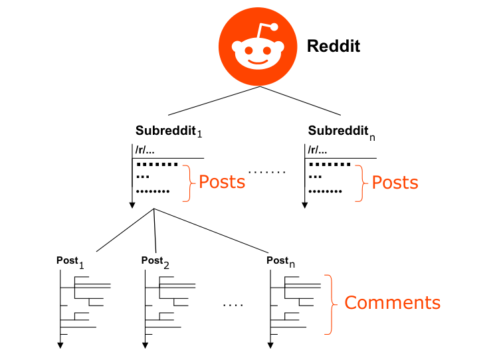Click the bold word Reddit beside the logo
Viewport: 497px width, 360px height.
click(333, 46)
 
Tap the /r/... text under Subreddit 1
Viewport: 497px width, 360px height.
click(146, 150)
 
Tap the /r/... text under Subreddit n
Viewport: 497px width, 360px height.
click(318, 150)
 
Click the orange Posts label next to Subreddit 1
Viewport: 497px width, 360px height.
click(222, 182)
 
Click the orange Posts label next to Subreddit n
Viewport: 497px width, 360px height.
click(395, 182)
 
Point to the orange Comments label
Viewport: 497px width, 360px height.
click(392, 303)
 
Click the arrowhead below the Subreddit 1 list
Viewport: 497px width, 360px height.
click(132, 204)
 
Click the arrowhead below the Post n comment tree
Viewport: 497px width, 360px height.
click(271, 344)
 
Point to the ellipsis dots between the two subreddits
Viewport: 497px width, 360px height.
click(266, 173)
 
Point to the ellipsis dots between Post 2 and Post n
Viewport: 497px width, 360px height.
click(233, 305)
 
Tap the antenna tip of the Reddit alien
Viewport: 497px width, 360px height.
click(274, 27)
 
